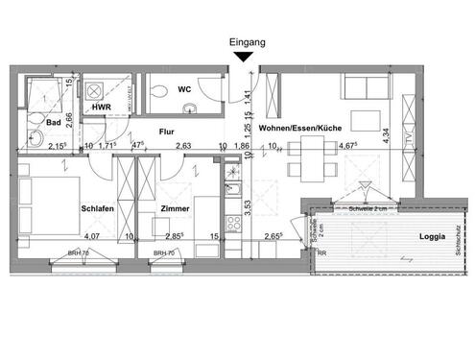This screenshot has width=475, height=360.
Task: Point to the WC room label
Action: click(x=184, y=90)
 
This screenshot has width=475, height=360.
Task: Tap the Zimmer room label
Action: click(x=176, y=208)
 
